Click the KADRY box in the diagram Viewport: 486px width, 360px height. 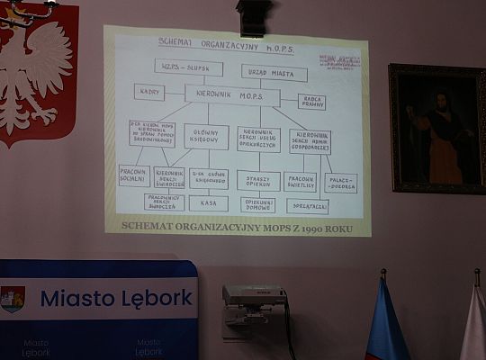click(x=149, y=91)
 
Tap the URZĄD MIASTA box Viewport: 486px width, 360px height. click(x=274, y=73)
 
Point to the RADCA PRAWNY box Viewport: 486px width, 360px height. click(x=311, y=102)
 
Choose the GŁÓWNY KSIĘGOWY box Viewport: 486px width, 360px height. click(x=206, y=136)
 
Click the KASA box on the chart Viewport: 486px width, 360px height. click(x=208, y=203)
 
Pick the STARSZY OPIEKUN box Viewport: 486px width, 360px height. click(x=258, y=180)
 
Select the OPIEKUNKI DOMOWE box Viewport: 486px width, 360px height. click(x=258, y=204)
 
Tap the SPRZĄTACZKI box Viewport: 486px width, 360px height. click(x=308, y=206)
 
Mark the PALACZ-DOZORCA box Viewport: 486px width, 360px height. click(x=341, y=183)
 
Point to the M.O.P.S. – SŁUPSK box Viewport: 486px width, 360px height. click(x=188, y=67)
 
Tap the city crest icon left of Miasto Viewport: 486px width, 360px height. click(x=13, y=299)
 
